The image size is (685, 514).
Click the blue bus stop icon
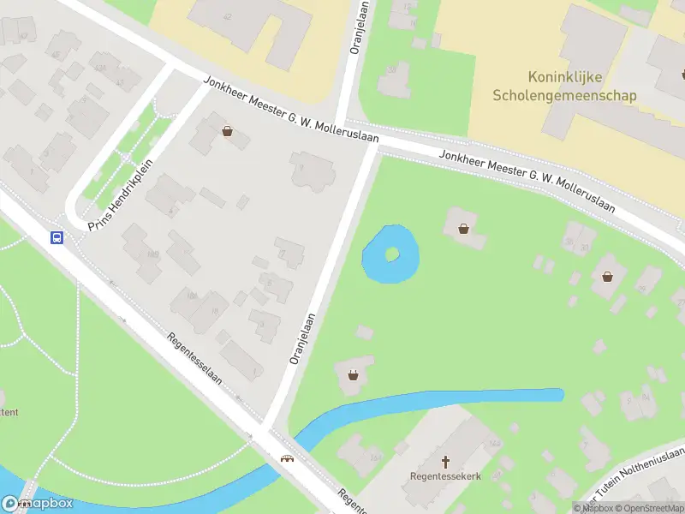pyautogui.click(x=57, y=237)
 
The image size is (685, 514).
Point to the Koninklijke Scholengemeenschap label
pyautogui.click(x=564, y=87)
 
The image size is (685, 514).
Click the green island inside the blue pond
pyautogui.click(x=392, y=254)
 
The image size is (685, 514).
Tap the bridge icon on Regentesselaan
pyautogui.click(x=289, y=458)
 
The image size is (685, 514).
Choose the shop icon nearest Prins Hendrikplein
pyautogui.click(x=227, y=131)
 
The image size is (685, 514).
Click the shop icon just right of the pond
pyautogui.click(x=463, y=229)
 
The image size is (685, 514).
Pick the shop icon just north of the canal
pyautogui.click(x=353, y=374)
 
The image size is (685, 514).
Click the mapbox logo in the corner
pyautogui.click(x=37, y=504)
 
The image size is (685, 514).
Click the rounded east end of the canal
pyautogui.click(x=558, y=395)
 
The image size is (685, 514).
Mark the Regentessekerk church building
pyautogui.click(x=445, y=445)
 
